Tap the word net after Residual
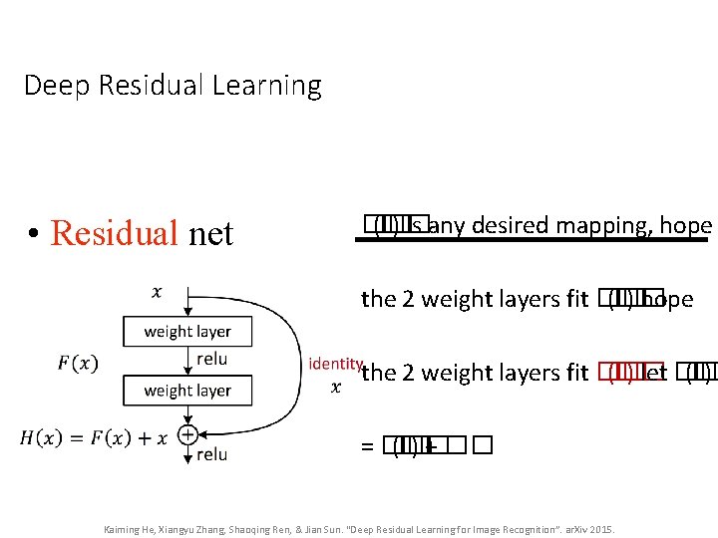(x=210, y=234)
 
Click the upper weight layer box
(x=187, y=331)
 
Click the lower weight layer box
(x=187, y=391)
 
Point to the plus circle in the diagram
(x=187, y=434)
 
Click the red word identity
(x=335, y=364)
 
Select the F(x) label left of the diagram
(x=78, y=363)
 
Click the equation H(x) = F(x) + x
(x=94, y=436)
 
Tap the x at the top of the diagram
(x=157, y=292)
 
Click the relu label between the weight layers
(x=212, y=359)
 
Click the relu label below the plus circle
(x=212, y=454)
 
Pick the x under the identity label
(x=335, y=387)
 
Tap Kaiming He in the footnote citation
(x=129, y=529)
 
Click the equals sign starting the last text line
(x=367, y=447)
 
